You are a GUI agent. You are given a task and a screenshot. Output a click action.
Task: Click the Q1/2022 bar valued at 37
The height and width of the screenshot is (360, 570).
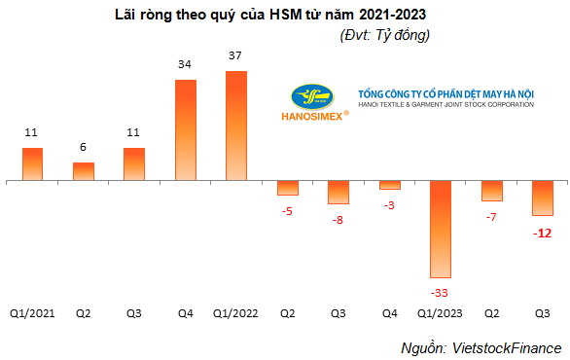[x=236, y=126]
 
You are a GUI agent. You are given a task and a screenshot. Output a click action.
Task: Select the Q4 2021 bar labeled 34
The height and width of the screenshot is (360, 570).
[x=186, y=130]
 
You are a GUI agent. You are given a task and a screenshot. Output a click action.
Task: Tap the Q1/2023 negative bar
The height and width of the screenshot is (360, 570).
[x=441, y=230]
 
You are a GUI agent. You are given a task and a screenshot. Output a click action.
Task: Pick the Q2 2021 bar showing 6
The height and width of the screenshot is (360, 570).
[x=84, y=171]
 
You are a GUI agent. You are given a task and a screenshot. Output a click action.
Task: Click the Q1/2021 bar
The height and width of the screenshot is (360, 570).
[x=33, y=164]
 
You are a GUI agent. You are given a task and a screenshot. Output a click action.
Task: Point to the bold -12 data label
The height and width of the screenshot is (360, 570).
[x=543, y=234]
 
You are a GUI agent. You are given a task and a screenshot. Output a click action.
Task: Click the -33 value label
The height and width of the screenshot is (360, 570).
[x=439, y=293]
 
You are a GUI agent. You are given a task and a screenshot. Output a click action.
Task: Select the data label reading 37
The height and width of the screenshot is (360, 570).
[x=234, y=55]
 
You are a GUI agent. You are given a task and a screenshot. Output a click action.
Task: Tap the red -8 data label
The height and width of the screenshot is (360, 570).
[x=338, y=220]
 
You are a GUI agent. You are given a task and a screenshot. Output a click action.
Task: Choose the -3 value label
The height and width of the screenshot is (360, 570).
[x=389, y=205]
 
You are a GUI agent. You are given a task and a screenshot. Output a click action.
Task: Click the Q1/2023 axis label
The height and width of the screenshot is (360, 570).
[x=440, y=313]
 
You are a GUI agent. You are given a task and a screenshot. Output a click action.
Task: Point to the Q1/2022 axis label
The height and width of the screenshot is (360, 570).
[x=235, y=313]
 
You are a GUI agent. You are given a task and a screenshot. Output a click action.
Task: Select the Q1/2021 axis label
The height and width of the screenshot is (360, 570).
[x=32, y=313]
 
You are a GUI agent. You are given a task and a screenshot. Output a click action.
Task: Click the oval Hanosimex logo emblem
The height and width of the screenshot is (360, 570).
[x=312, y=97]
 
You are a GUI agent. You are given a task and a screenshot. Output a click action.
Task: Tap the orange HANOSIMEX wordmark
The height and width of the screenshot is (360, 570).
[x=312, y=117]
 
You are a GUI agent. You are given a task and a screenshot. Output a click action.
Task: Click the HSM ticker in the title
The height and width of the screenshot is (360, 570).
[x=286, y=15]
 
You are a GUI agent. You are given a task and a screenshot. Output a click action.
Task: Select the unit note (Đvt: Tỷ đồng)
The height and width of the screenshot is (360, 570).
[x=385, y=35]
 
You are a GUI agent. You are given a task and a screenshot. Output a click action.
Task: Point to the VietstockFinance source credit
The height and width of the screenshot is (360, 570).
[x=507, y=348]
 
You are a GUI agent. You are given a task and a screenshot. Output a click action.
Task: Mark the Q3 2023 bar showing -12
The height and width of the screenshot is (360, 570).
[x=543, y=198]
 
